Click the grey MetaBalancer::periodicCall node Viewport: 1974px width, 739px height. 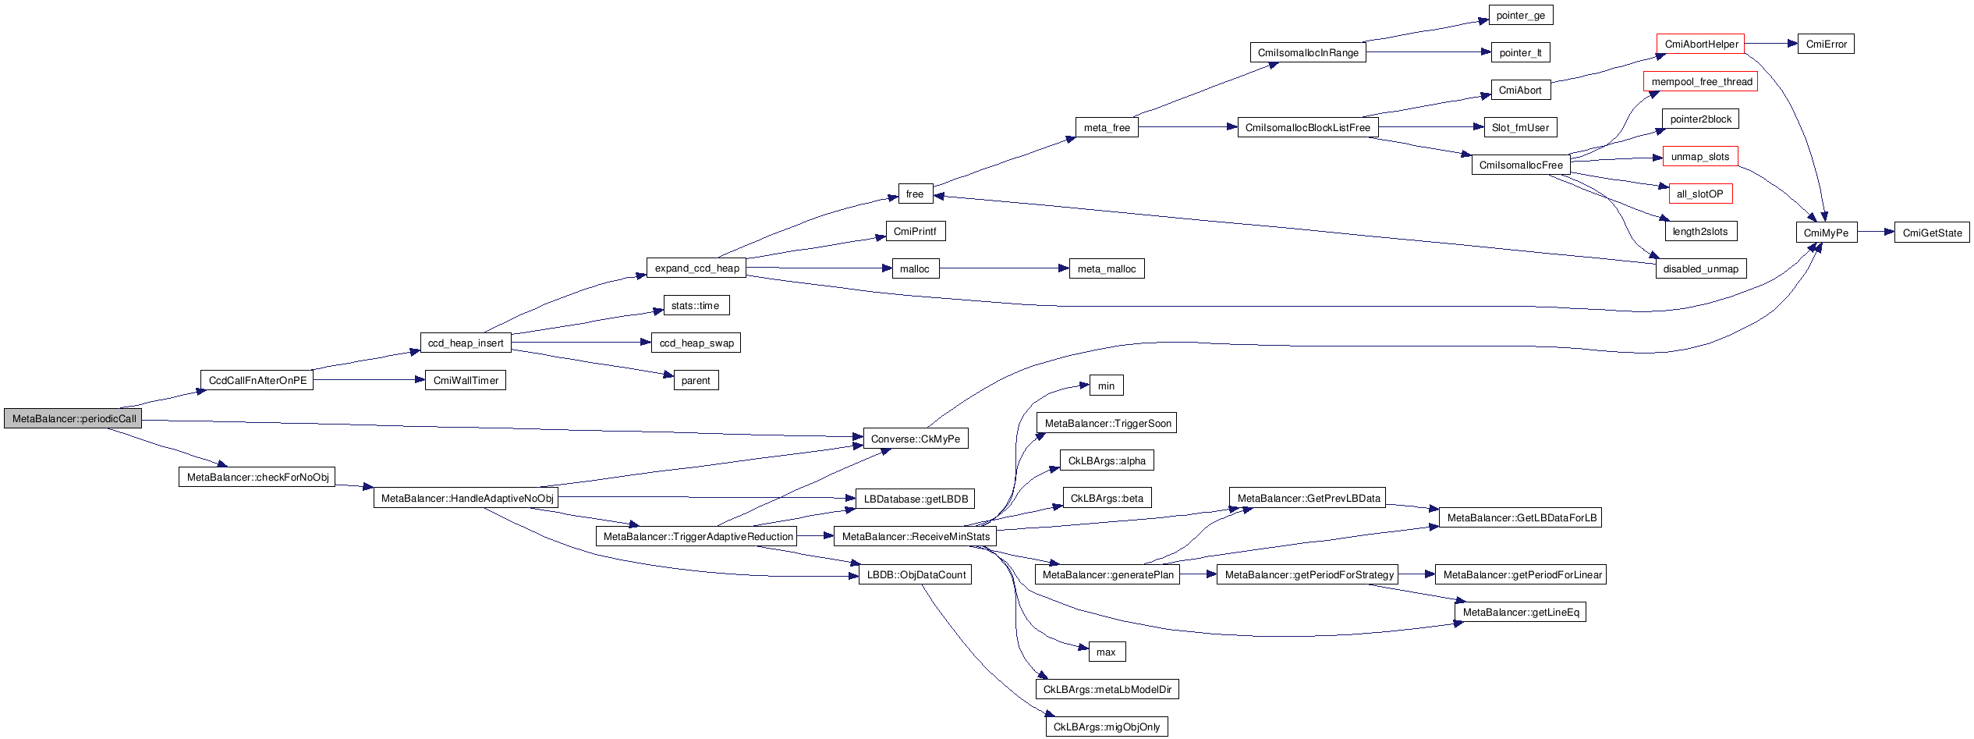pos(73,418)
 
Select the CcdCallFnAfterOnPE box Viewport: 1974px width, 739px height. pos(257,380)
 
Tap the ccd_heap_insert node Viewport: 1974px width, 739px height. pos(466,343)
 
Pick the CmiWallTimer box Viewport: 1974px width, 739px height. pos(466,380)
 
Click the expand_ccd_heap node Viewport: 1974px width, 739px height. pos(696,268)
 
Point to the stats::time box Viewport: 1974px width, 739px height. pos(696,305)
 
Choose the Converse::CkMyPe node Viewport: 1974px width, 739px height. pos(915,439)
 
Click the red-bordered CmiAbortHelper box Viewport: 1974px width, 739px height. pos(1700,44)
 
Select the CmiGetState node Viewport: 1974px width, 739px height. pos(1932,233)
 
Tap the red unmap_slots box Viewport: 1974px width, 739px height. pos(1699,156)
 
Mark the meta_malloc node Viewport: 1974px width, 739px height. pos(1106,268)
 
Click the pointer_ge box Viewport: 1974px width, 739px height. pos(1520,15)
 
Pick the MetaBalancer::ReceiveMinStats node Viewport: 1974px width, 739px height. pos(915,536)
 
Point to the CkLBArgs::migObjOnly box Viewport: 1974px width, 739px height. pos(1106,727)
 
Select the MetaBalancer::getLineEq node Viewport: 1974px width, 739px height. pos(1520,612)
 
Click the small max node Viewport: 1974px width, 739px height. pos(1106,652)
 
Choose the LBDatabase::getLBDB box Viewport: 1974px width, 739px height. pos(915,499)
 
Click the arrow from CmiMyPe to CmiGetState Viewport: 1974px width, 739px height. pos(1876,232)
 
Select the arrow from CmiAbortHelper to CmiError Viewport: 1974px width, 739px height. pos(1770,44)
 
